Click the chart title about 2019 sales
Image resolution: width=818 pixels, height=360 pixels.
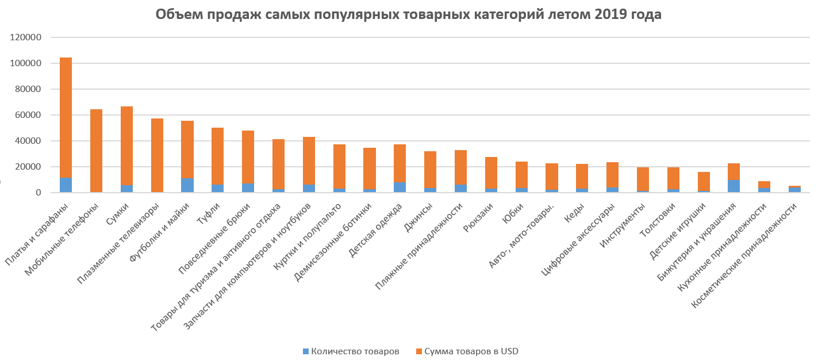pyautogui.click(x=409, y=15)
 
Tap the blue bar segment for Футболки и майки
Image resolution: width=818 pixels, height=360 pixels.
pyautogui.click(x=187, y=185)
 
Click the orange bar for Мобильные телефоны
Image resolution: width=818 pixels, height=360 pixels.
pyautogui.click(x=96, y=151)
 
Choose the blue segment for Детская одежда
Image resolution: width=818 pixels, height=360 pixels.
pyautogui.click(x=400, y=187)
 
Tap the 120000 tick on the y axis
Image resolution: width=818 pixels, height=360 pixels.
pyautogui.click(x=26, y=37)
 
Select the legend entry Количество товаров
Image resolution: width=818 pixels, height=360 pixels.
pyautogui.click(x=351, y=351)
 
